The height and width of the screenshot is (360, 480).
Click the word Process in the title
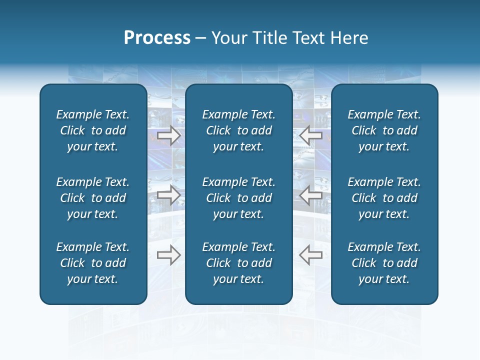[157, 38]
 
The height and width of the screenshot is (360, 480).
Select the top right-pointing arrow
[169, 135]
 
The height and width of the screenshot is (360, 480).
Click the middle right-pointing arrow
[169, 194]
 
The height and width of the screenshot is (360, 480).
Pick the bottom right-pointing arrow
[169, 254]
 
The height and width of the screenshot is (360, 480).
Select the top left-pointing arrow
[311, 135]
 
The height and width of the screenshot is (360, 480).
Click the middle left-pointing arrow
[311, 194]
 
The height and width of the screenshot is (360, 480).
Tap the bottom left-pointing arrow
[311, 254]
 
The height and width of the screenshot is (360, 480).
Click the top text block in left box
[93, 130]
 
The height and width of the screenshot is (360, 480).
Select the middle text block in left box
[93, 198]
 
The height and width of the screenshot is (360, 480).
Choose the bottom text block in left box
[93, 263]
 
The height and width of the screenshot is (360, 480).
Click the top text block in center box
[239, 130]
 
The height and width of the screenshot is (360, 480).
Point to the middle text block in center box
[239, 198]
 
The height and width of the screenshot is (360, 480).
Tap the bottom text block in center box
[239, 263]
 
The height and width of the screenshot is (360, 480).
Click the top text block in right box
[384, 130]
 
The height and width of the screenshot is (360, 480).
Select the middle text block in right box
[384, 198]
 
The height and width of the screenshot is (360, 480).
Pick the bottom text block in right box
[384, 263]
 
